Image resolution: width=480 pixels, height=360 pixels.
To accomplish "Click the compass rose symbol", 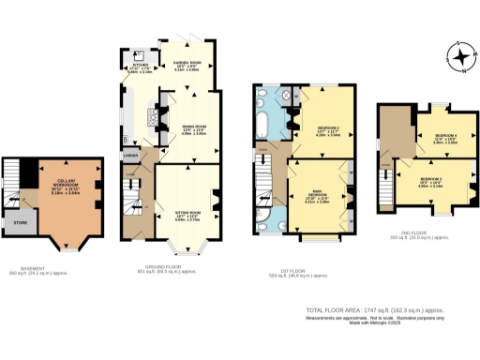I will pyautogui.click(x=461, y=58).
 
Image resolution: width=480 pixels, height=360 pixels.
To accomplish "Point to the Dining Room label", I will pyautogui.click(x=192, y=129).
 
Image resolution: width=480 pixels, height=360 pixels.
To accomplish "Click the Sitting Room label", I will pyautogui.click(x=188, y=213).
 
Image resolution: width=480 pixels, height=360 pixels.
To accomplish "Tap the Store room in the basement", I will pyautogui.click(x=18, y=224).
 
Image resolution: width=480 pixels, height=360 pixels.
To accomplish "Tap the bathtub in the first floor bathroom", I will pyautogui.click(x=264, y=127).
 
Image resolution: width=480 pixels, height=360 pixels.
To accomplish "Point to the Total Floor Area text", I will pyautogui.click(x=374, y=309).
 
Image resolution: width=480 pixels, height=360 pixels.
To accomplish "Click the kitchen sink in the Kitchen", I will pyautogui.click(x=139, y=52).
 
